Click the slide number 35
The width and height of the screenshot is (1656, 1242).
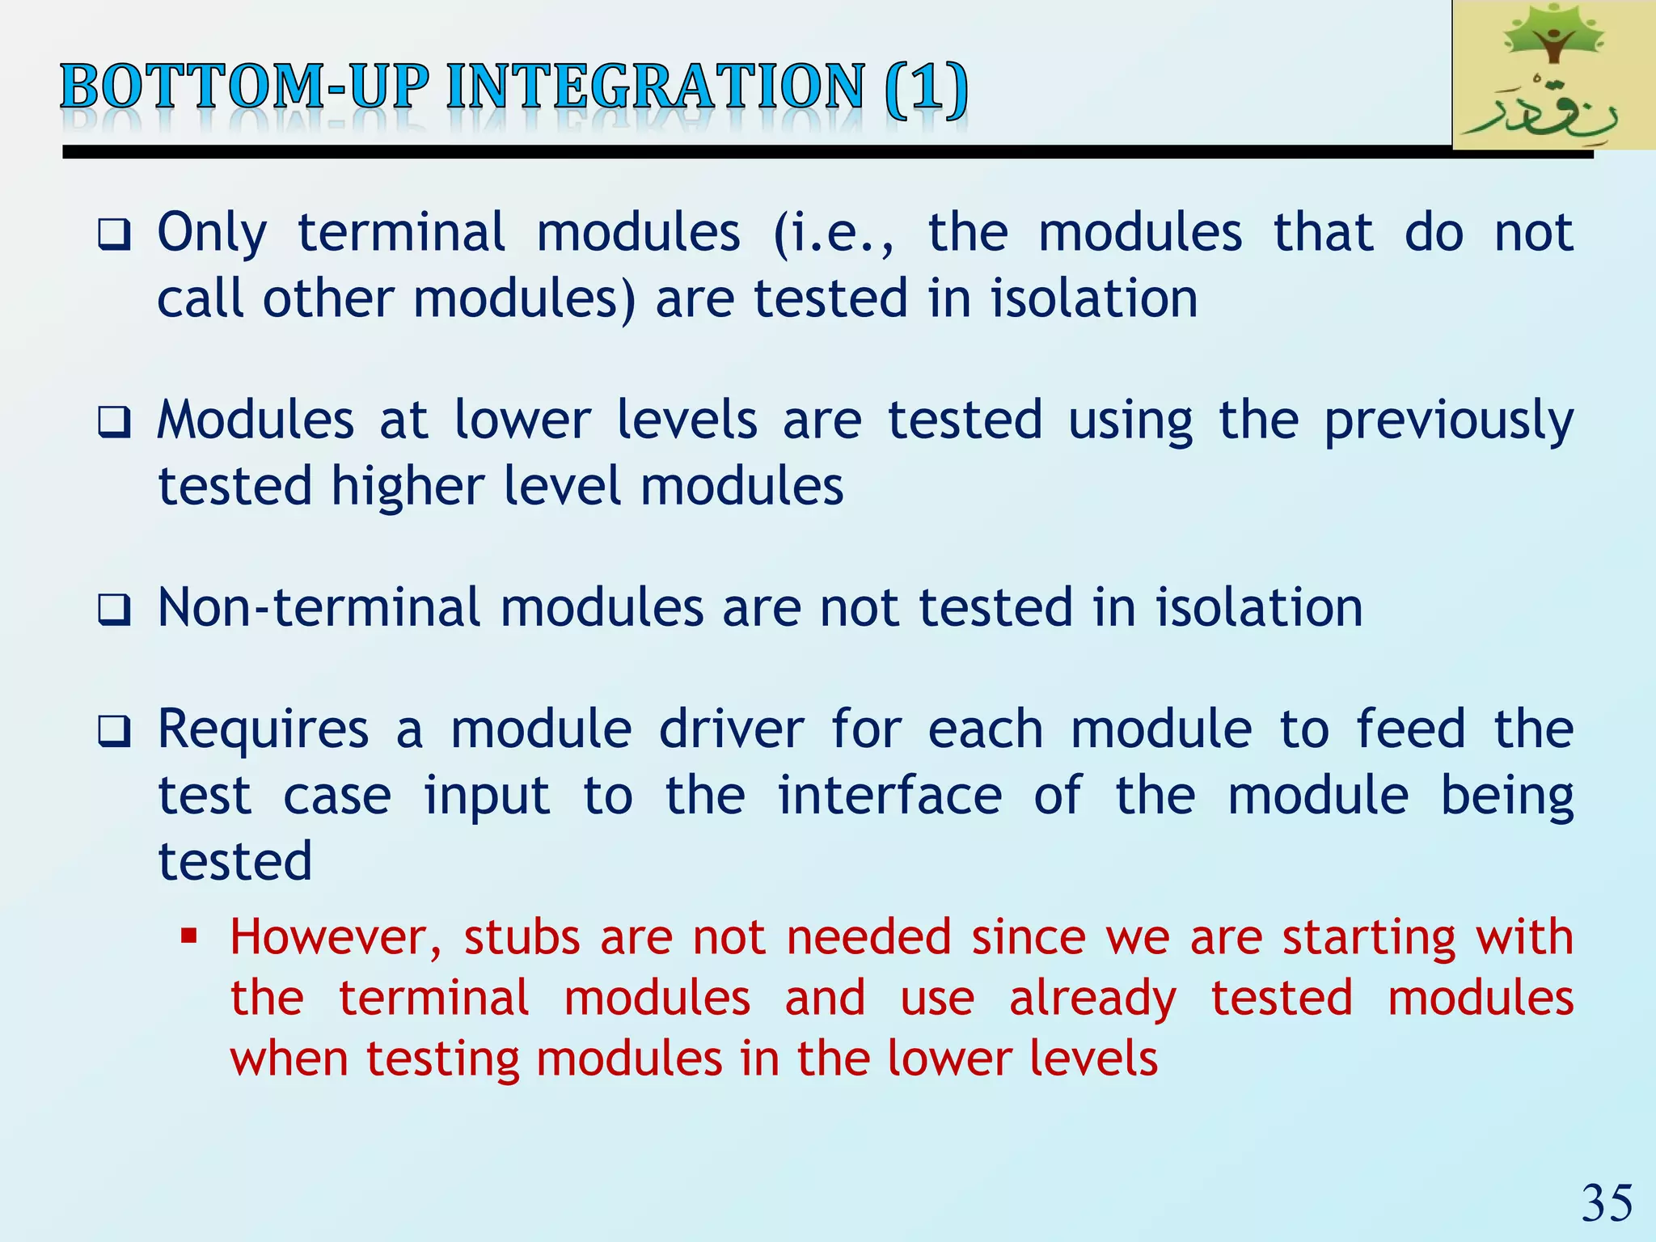[x=1607, y=1202]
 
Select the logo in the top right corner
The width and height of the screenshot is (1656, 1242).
[x=1553, y=75]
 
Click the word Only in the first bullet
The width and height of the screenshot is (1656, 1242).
[x=211, y=234]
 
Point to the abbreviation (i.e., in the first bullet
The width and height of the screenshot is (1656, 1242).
[x=834, y=234]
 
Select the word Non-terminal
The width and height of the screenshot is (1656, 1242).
[x=319, y=608]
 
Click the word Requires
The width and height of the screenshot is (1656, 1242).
[x=263, y=729]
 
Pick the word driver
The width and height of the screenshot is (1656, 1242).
[x=731, y=729]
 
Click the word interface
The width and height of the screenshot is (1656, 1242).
[x=889, y=796]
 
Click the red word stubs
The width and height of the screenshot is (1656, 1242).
[x=522, y=938]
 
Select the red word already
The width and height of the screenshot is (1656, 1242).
[x=1092, y=999]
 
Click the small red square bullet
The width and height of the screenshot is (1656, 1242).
[x=189, y=937]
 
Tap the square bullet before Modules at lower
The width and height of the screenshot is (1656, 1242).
[x=113, y=423]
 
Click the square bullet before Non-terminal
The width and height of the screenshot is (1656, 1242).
[x=113, y=610]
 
